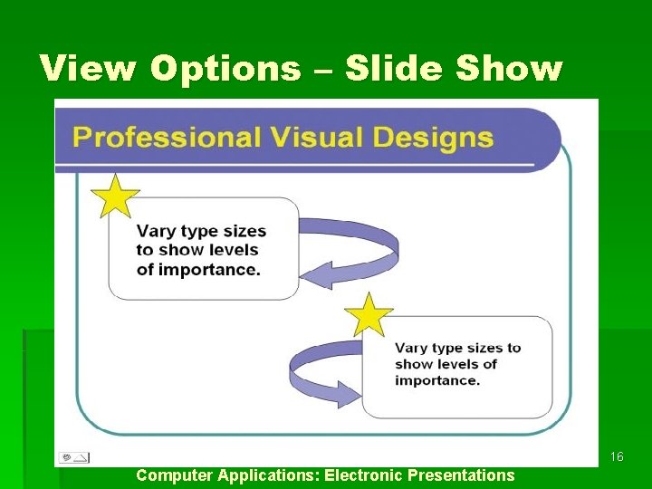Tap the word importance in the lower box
click(436, 380)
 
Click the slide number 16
click(617, 457)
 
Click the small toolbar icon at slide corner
click(73, 457)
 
